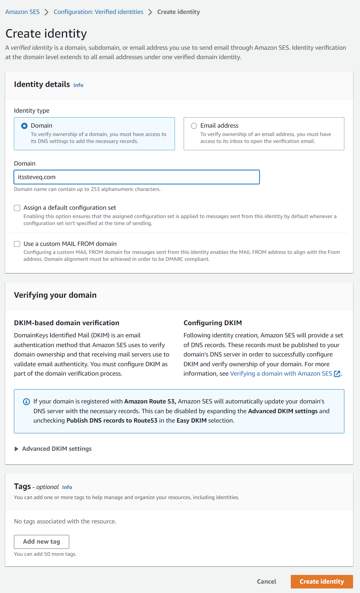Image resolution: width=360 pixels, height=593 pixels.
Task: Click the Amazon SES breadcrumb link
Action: pos(22,12)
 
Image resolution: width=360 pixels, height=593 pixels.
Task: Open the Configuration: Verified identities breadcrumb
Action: pos(98,12)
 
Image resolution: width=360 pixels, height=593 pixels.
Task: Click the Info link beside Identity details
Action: pos(78,85)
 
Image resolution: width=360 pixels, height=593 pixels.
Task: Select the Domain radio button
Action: pos(24,126)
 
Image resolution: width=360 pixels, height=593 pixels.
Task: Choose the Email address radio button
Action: pos(194,126)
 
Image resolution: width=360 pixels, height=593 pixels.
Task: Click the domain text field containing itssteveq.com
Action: pos(137,177)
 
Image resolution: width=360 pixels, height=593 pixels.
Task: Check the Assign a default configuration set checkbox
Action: pos(17,208)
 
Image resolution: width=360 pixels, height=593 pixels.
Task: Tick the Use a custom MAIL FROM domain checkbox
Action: pos(17,244)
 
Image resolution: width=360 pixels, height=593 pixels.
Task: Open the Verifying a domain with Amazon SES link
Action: pos(281,374)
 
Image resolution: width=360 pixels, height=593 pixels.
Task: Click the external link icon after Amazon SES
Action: pos(337,374)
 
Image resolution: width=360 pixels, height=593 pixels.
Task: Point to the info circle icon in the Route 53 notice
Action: pos(26,402)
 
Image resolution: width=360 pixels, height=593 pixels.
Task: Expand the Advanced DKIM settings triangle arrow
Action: pos(16,449)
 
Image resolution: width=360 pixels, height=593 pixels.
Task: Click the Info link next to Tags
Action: pos(67,487)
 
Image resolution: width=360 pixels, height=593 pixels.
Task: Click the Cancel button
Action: pos(266,582)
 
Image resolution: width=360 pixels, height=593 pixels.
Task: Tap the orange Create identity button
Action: pos(322,582)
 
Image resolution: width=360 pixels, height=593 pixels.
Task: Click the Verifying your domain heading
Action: pos(55,295)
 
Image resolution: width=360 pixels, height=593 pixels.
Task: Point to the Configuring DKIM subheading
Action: pos(213,323)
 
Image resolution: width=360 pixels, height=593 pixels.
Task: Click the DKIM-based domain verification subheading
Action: pos(66,323)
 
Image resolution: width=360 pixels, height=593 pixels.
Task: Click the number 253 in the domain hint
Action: pos(95,189)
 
